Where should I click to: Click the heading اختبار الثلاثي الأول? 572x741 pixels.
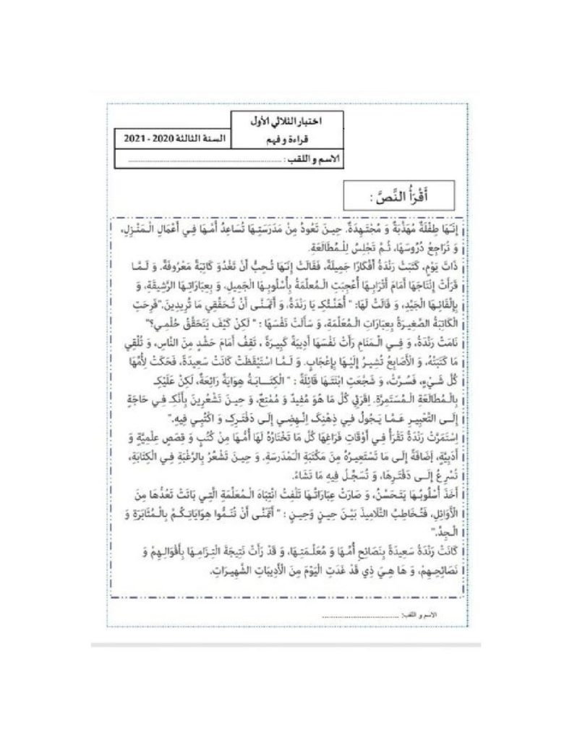click(288, 120)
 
